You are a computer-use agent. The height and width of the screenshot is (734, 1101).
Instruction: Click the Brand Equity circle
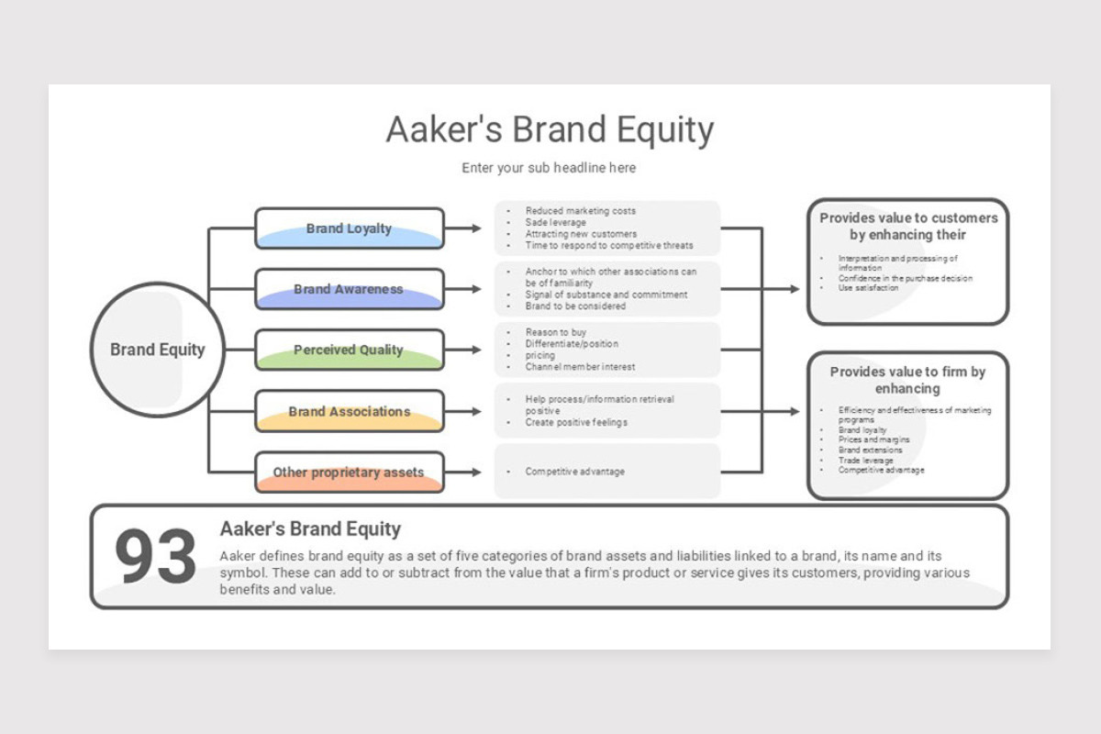158,350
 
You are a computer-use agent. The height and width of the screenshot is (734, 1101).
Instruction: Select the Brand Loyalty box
349,228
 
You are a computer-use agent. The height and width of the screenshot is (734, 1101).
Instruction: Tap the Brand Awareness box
349,289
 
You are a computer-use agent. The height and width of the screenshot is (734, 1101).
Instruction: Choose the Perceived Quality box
349,350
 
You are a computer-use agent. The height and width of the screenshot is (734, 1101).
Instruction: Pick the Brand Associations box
349,411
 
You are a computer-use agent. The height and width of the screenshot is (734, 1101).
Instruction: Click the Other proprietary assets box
349,473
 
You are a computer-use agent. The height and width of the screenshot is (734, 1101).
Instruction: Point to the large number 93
155,557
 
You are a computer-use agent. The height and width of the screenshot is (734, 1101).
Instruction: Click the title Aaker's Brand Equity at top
550,129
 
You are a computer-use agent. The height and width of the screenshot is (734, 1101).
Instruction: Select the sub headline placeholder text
549,168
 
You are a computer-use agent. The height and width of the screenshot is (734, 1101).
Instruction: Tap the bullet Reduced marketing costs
580,211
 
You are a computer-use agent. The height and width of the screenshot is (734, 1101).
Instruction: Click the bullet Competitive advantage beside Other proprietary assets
574,472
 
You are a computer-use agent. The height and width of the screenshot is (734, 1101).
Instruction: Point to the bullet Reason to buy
556,332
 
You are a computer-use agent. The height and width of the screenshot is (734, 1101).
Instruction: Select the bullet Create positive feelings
576,423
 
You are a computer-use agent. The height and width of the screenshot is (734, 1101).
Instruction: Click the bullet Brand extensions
871,450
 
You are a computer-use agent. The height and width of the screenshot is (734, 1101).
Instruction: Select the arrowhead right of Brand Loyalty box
475,228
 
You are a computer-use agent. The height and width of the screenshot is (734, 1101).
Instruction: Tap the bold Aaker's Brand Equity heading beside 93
310,529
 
